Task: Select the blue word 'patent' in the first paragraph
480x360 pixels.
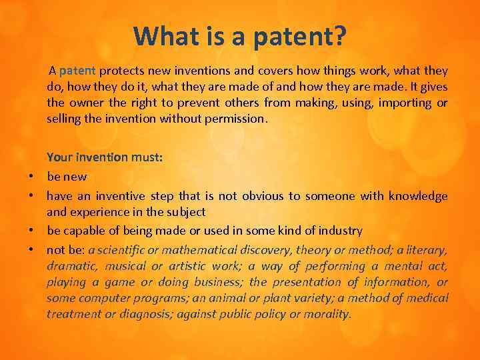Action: pyautogui.click(x=78, y=71)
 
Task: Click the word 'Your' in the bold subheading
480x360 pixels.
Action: pyautogui.click(x=59, y=157)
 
